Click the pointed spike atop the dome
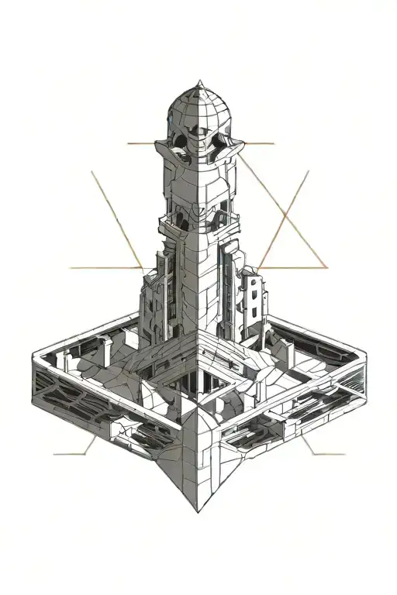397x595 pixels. (x=199, y=81)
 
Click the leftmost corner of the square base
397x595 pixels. (x=33, y=356)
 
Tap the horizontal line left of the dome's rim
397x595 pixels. (x=143, y=144)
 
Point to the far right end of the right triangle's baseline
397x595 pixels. (x=326, y=268)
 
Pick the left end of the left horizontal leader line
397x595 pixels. (x=71, y=268)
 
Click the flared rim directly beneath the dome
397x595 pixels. (x=199, y=147)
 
